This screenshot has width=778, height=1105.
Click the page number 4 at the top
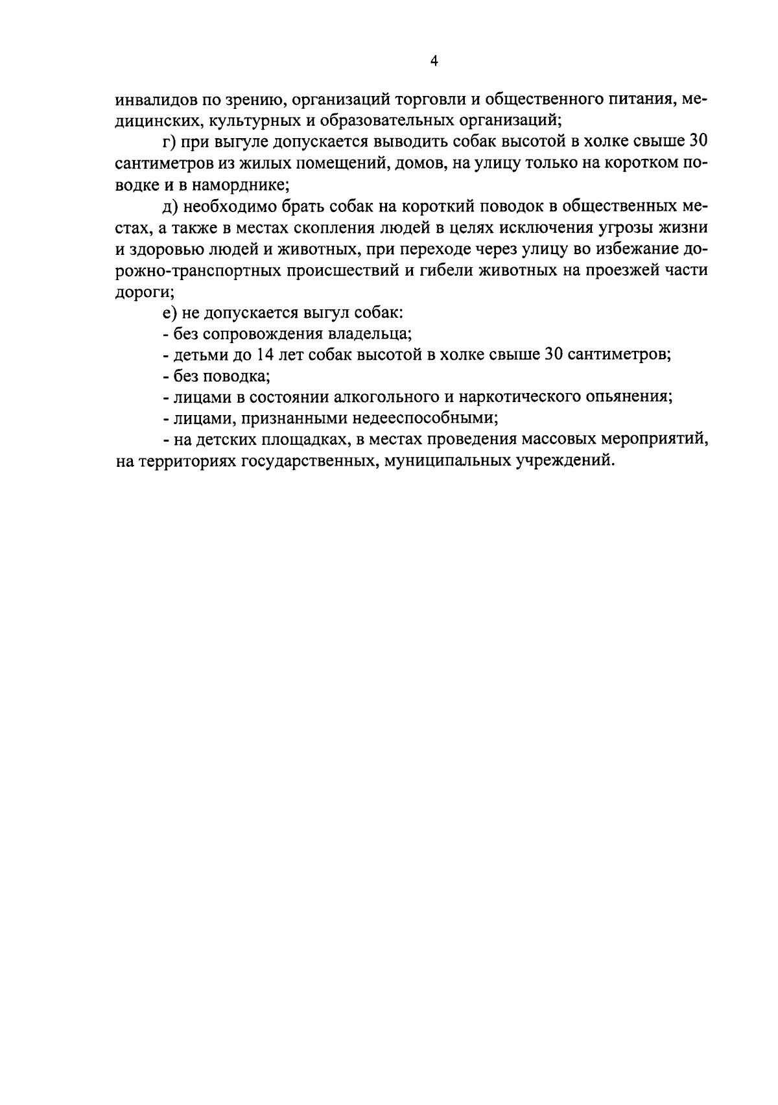click(434, 62)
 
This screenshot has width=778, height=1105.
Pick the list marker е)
click(169, 313)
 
